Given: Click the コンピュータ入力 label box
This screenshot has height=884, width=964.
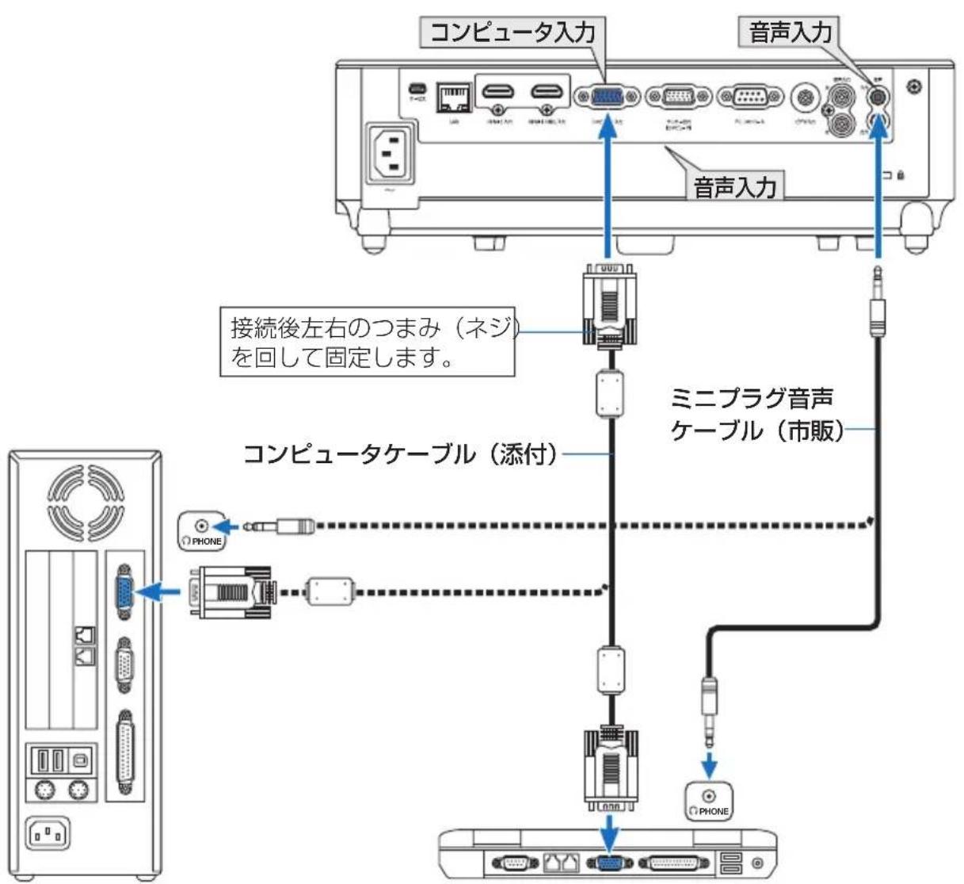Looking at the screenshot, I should [512, 33].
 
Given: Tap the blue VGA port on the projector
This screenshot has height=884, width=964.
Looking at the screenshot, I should [608, 97].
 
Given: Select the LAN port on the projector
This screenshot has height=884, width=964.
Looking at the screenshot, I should [453, 97].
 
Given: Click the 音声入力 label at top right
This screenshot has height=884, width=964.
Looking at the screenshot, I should [790, 33].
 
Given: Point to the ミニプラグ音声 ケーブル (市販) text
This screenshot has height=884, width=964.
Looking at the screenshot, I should [756, 413].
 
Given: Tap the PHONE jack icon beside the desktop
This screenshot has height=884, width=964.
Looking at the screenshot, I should [201, 530].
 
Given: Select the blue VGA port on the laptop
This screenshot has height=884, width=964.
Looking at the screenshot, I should [608, 863].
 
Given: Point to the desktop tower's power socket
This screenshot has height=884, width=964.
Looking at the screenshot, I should [48, 832].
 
